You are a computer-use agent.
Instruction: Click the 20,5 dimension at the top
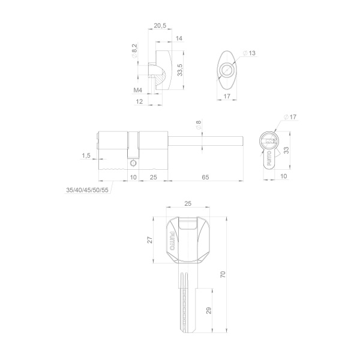pos(160,25)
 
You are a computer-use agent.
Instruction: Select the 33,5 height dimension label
pos(180,70)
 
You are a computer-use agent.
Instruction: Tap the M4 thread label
pos(138,90)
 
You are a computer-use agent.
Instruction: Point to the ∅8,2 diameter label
pos(134,51)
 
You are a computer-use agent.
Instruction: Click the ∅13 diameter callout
pos(249,53)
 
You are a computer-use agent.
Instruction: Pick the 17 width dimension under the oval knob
pos(227,96)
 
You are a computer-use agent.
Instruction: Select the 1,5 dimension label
pos(86,155)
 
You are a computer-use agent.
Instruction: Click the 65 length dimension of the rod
pos(205,177)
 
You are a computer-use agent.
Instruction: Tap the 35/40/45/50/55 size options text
pos(87,190)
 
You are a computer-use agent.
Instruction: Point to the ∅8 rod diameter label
pos(199,125)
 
